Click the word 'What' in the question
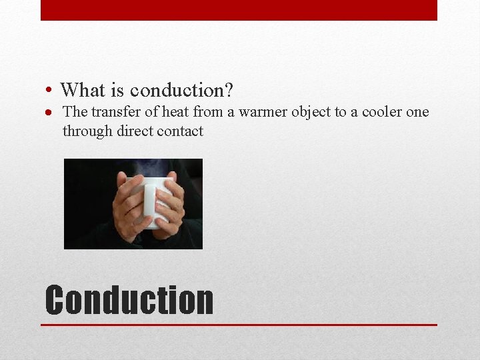click(x=83, y=89)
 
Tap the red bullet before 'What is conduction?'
click(x=50, y=90)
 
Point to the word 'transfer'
click(x=112, y=112)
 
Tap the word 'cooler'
click(x=381, y=112)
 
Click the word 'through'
click(x=87, y=131)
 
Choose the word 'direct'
click(x=135, y=131)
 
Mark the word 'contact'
click(x=180, y=131)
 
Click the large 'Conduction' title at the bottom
click(x=129, y=300)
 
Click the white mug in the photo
click(x=157, y=200)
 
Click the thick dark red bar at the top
click(x=239, y=10)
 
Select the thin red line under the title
click(x=239, y=325)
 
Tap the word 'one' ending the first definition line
click(x=417, y=112)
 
